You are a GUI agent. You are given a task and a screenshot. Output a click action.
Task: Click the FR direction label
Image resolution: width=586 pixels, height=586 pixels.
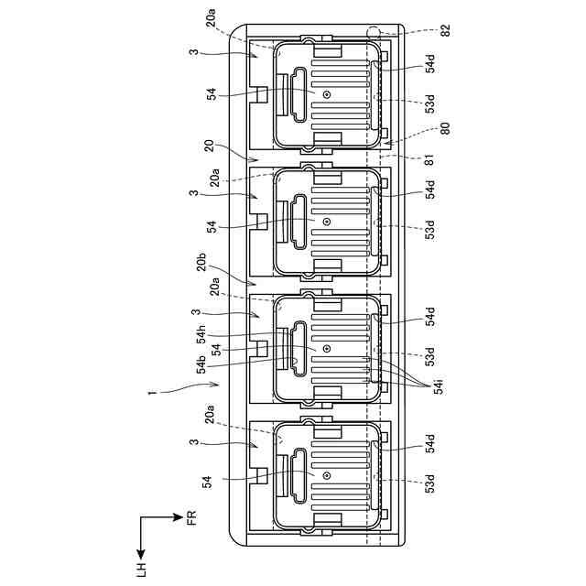tap(191, 519)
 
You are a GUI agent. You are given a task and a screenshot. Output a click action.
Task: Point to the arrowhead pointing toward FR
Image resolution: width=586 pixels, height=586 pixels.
tap(179, 519)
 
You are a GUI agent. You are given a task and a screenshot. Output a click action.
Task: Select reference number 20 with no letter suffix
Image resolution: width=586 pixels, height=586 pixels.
tap(209, 146)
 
